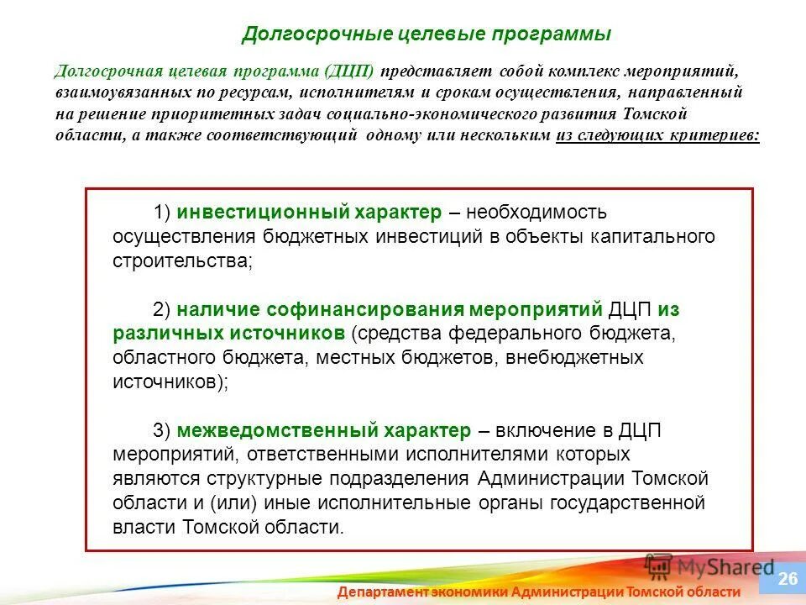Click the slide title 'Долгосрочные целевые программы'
pyautogui.click(x=426, y=34)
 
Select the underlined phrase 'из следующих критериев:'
pyautogui.click(x=657, y=135)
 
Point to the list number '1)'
pyautogui.click(x=163, y=212)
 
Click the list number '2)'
pyautogui.click(x=163, y=309)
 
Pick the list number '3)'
pyautogui.click(x=163, y=431)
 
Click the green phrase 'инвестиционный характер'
pyautogui.click(x=308, y=212)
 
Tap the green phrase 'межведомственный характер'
pyautogui.click(x=324, y=431)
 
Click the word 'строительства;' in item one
pyautogui.click(x=182, y=260)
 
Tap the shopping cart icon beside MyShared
pyautogui.click(x=659, y=565)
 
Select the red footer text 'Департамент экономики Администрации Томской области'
pyautogui.click(x=539, y=592)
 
